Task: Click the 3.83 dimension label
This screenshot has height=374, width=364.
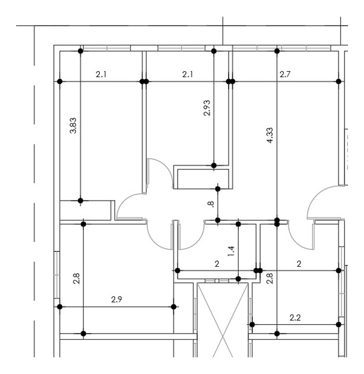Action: click(72, 126)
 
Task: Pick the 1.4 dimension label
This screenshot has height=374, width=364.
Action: click(230, 250)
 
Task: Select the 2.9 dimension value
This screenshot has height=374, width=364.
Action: click(116, 299)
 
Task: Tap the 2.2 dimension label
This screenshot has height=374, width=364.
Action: click(295, 318)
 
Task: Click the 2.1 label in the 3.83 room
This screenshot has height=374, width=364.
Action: click(101, 74)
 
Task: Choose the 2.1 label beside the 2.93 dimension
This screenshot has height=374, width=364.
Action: click(188, 74)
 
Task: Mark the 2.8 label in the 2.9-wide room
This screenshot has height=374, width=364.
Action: click(76, 278)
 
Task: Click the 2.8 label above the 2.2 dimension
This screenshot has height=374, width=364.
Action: click(270, 278)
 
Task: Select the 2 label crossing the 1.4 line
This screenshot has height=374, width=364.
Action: click(217, 263)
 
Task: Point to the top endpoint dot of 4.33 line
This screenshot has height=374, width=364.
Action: click(277, 51)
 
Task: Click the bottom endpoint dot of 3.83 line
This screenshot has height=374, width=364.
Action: click(81, 200)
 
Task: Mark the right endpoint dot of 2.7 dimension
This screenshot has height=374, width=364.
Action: click(338, 81)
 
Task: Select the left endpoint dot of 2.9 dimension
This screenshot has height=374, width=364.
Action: click(59, 306)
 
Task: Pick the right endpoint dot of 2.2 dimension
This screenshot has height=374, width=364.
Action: click(338, 325)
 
